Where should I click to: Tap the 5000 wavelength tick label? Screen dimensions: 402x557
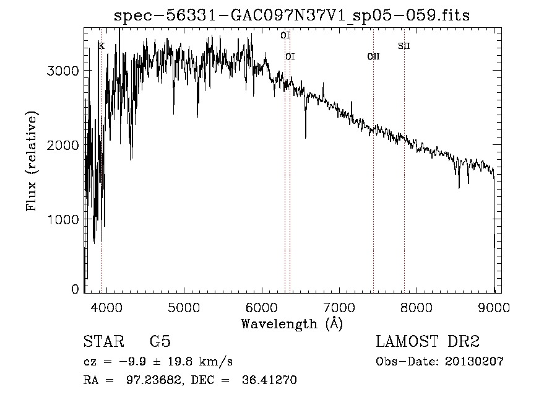[x=183, y=308]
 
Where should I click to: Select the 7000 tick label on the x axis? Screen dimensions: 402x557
[x=339, y=308]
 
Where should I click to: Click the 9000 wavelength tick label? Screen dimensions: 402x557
[x=494, y=308]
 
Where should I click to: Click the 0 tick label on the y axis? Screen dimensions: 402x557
[x=75, y=289]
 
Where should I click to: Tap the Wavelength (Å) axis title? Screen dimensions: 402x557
[x=291, y=323]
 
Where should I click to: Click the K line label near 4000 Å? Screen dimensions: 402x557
[x=101, y=46]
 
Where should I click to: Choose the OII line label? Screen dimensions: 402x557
[x=373, y=57]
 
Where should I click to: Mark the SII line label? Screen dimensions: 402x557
[x=404, y=46]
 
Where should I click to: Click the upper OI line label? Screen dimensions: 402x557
[x=285, y=36]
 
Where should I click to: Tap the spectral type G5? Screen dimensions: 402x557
[x=160, y=342]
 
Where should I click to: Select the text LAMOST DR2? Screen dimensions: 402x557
[x=428, y=342]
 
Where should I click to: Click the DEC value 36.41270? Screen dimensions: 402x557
[x=271, y=380]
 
